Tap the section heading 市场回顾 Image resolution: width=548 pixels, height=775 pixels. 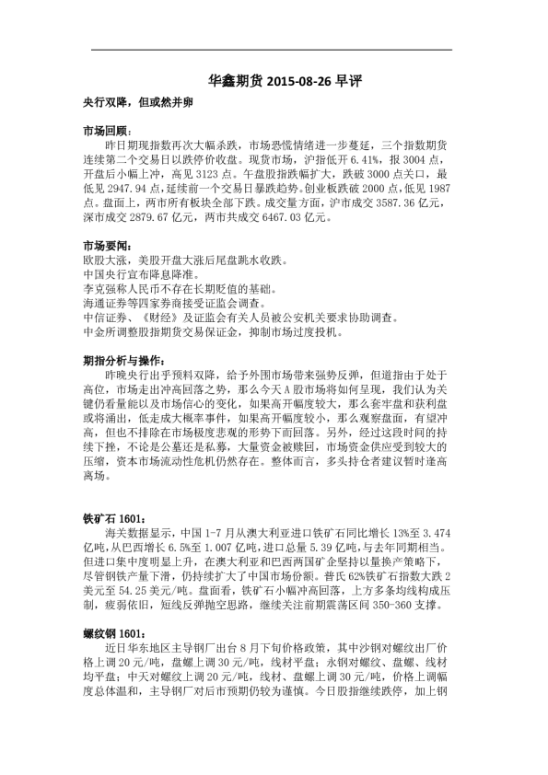(107, 131)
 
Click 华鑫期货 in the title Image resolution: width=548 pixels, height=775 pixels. (235, 81)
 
